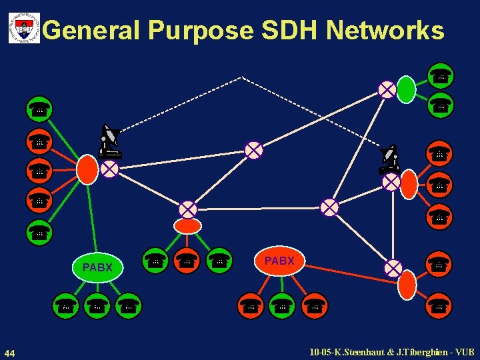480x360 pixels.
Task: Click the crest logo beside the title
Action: click(24, 29)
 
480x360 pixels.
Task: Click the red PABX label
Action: click(279, 261)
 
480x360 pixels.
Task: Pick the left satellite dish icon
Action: click(109, 141)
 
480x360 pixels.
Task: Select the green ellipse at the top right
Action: click(406, 90)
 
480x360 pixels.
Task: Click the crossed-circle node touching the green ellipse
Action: click(387, 89)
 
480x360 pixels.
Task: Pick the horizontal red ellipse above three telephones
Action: click(188, 226)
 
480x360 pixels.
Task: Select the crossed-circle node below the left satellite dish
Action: click(110, 169)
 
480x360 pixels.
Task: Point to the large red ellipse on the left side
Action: click(87, 169)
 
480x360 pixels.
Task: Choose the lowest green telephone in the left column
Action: click(39, 232)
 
